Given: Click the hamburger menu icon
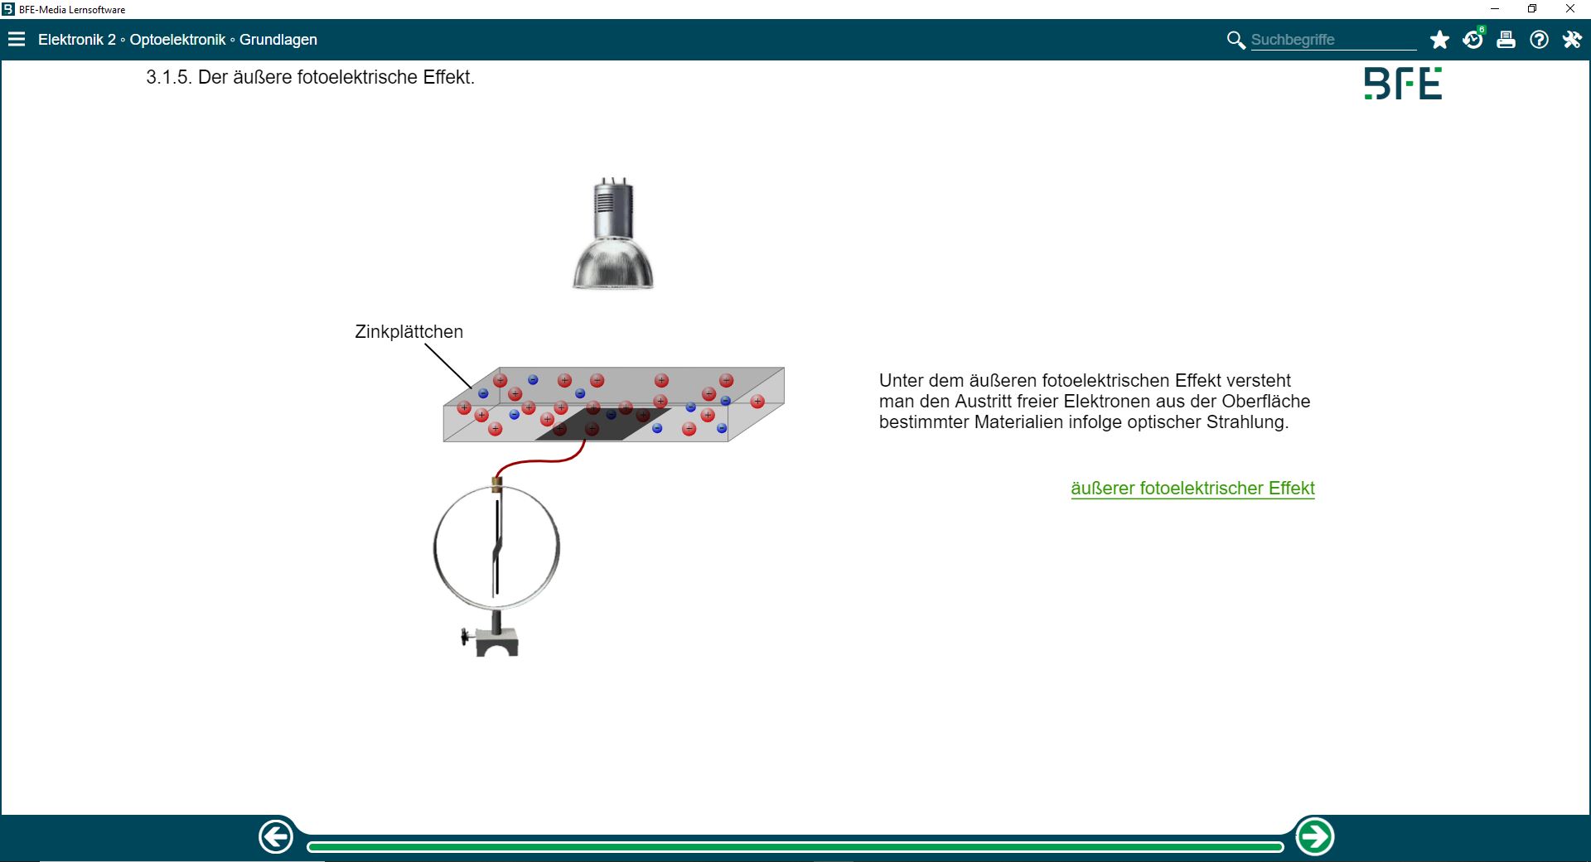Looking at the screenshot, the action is pyautogui.click(x=17, y=40).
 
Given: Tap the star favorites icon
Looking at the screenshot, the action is pyautogui.click(x=1439, y=40).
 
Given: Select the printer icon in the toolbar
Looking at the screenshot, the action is pyautogui.click(x=1506, y=40).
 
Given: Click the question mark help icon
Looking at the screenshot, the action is pyautogui.click(x=1539, y=40).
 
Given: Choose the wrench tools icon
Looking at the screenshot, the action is pyautogui.click(x=1572, y=40).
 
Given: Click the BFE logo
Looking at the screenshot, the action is pyautogui.click(x=1403, y=84).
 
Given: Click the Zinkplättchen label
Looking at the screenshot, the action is pyautogui.click(x=409, y=331).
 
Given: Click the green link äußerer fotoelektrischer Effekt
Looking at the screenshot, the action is pyautogui.click(x=1192, y=489).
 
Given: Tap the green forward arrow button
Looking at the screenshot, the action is pyautogui.click(x=1314, y=836).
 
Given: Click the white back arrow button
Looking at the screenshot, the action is pyautogui.click(x=276, y=836).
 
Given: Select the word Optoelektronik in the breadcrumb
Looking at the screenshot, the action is pyautogui.click(x=177, y=40).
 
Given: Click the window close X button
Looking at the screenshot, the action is pyautogui.click(x=1570, y=9).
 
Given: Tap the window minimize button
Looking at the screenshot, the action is pyautogui.click(x=1495, y=9).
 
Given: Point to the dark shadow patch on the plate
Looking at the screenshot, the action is pyautogui.click(x=603, y=424).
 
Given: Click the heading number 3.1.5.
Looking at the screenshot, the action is pyautogui.click(x=169, y=77).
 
